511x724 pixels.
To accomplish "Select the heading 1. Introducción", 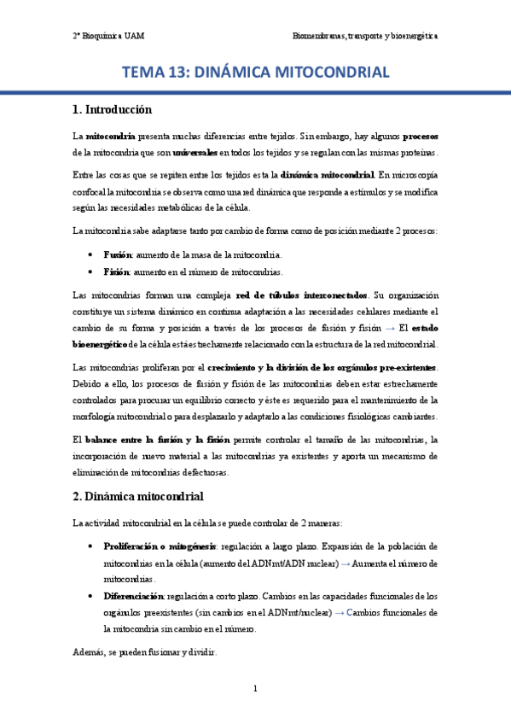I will [112, 110].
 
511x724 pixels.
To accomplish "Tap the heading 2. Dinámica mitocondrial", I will [137, 496].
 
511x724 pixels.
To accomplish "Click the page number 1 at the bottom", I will [255, 688].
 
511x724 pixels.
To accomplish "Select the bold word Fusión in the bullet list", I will [117, 254].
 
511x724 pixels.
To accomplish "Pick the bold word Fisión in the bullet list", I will [116, 271].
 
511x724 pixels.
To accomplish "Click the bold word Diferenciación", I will [133, 596].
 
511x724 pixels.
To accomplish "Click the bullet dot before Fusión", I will [92, 255].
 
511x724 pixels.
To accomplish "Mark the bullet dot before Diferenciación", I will [92, 597].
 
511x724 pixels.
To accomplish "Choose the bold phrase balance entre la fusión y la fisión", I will [157, 440].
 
